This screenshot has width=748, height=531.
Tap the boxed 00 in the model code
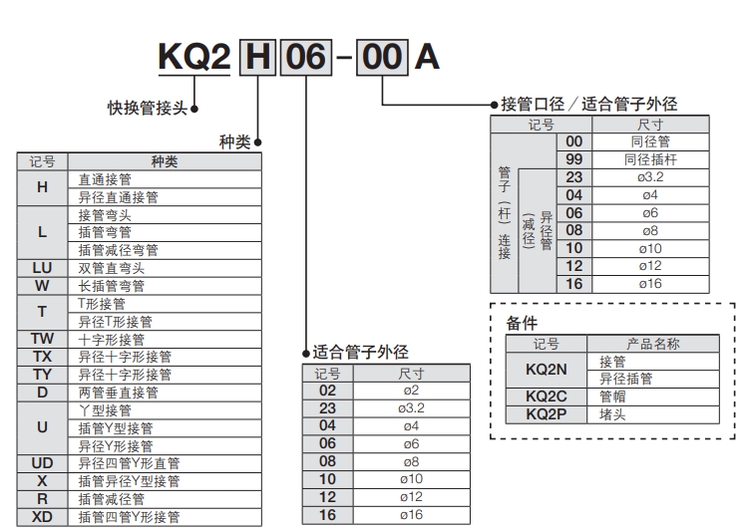[x=382, y=57]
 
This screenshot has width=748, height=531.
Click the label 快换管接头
[x=147, y=108]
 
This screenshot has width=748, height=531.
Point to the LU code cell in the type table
[x=42, y=268]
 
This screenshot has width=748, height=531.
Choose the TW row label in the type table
[x=42, y=339]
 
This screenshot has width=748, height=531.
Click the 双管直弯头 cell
[x=112, y=268]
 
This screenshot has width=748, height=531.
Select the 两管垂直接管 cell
[x=118, y=392]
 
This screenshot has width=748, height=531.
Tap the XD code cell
[x=42, y=516]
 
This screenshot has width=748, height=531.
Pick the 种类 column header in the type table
[x=164, y=161]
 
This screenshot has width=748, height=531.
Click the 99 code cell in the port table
[x=573, y=159]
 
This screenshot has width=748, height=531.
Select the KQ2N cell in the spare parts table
[x=546, y=370]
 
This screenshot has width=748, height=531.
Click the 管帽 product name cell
[x=612, y=396]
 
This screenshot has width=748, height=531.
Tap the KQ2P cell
[x=546, y=413]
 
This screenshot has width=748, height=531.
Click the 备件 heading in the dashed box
[x=522, y=323]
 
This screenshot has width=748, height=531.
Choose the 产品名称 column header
[x=652, y=344]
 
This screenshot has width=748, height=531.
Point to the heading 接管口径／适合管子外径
[x=588, y=104]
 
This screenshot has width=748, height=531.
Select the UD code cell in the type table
[x=42, y=462]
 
